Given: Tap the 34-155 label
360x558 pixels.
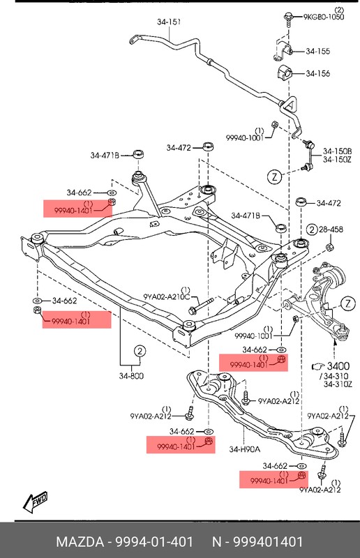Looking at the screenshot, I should coord(318,50).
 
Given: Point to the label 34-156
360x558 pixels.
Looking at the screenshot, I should coord(318,74).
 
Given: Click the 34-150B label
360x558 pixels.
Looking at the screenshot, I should coord(337,151).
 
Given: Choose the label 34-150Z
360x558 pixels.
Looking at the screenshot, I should coord(337,160).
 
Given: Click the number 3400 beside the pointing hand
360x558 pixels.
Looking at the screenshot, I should coord(338,366).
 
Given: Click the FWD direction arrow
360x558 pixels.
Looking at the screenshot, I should coord(34,501).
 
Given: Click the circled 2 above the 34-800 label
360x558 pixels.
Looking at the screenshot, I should coord(140,352).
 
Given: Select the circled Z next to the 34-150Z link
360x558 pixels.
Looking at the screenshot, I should coord(276,176).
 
